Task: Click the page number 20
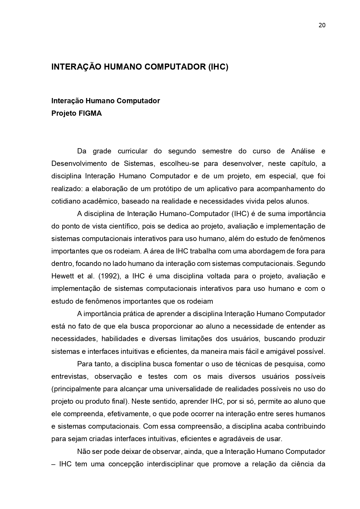click(322, 25)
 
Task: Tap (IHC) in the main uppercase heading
click(218, 67)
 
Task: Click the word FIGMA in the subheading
click(90, 113)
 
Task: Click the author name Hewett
click(62, 276)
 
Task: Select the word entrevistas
click(69, 376)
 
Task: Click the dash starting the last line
click(53, 464)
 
